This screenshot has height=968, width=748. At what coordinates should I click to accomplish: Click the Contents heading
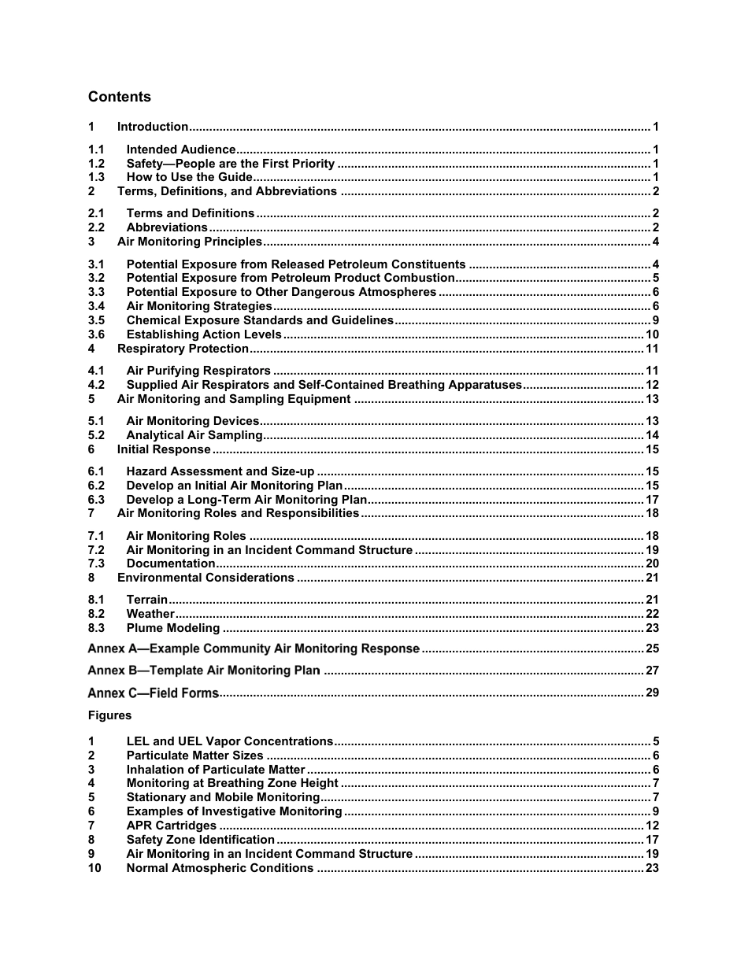pos(119,97)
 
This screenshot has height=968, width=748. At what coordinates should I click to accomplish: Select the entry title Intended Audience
pos(181,150)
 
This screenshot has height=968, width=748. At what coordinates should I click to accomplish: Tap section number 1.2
pos(96,164)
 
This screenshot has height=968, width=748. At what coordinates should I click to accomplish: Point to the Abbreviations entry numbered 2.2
pos(167,228)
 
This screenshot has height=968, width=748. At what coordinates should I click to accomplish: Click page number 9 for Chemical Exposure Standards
pos(655,320)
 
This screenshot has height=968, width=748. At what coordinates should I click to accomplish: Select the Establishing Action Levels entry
pos(204,334)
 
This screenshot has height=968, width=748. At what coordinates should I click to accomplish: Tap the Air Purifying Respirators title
pos(198,371)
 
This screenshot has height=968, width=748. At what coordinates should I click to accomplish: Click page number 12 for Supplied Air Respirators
pos(652,385)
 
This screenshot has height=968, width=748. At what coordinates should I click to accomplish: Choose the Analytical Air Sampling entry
pos(194,435)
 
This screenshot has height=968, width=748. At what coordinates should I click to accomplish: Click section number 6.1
pos(96,471)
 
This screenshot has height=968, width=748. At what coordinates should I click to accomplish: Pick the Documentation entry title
pos(171,563)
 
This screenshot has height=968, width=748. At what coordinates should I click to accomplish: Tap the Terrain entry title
pos(147,600)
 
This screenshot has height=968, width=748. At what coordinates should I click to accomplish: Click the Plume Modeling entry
pos(173,628)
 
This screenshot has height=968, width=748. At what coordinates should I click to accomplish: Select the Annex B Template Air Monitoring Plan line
pos(204,671)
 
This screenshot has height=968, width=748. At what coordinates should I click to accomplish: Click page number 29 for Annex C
pos(652,693)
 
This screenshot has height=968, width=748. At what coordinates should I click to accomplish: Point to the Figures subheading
pos(109,715)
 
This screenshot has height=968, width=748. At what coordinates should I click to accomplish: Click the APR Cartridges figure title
pos(172,826)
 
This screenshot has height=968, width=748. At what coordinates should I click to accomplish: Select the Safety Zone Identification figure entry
pos(201,840)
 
